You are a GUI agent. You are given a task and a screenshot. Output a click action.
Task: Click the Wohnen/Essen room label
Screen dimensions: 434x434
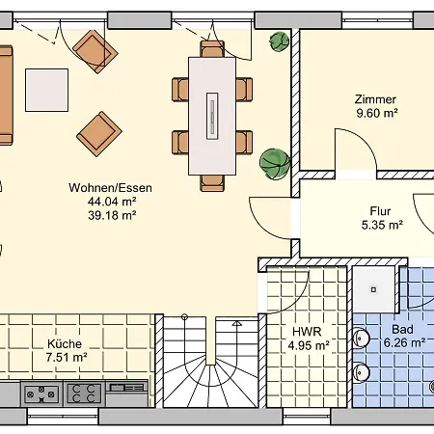pos(110,188)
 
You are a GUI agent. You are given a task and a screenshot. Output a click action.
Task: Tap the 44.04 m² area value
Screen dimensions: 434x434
pos(112,202)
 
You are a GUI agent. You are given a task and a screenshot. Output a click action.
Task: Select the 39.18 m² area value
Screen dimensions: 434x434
pos(112,215)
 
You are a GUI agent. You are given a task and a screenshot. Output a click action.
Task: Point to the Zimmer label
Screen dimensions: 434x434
pos(375,99)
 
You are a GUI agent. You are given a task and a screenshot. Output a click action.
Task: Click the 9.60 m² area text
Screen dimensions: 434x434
pos(377,113)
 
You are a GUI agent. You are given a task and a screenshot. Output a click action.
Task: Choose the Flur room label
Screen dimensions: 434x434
pos(380,211)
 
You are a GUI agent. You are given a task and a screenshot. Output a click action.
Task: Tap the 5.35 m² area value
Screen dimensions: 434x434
pos(382,225)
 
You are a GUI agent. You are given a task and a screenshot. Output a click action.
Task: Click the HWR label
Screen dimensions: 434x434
pos(307,332)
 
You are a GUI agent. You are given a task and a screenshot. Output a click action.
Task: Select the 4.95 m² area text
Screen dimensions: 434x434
pos(309,345)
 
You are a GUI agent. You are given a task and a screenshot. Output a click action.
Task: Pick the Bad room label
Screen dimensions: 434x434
pos(402,330)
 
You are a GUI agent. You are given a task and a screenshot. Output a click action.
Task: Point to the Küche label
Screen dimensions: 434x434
pos(65,343)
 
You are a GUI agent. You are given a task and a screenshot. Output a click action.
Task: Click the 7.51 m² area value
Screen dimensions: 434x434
pos(67,357)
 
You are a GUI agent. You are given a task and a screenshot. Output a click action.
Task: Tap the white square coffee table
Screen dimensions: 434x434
pos(47,90)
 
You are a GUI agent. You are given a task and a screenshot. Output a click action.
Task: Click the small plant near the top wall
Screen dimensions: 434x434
pos(280,41)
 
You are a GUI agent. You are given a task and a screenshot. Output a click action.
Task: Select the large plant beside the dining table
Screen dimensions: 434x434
pos(275,164)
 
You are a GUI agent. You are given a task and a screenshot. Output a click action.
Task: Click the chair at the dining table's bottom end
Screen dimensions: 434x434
pos(212,183)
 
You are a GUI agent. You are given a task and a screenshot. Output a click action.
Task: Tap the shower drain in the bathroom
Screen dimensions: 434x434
pos(373,289)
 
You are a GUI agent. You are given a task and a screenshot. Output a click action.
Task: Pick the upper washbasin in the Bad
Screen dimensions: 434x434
pos(361,339)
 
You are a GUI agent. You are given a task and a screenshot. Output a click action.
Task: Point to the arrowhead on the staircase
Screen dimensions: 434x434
pos(237,323)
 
